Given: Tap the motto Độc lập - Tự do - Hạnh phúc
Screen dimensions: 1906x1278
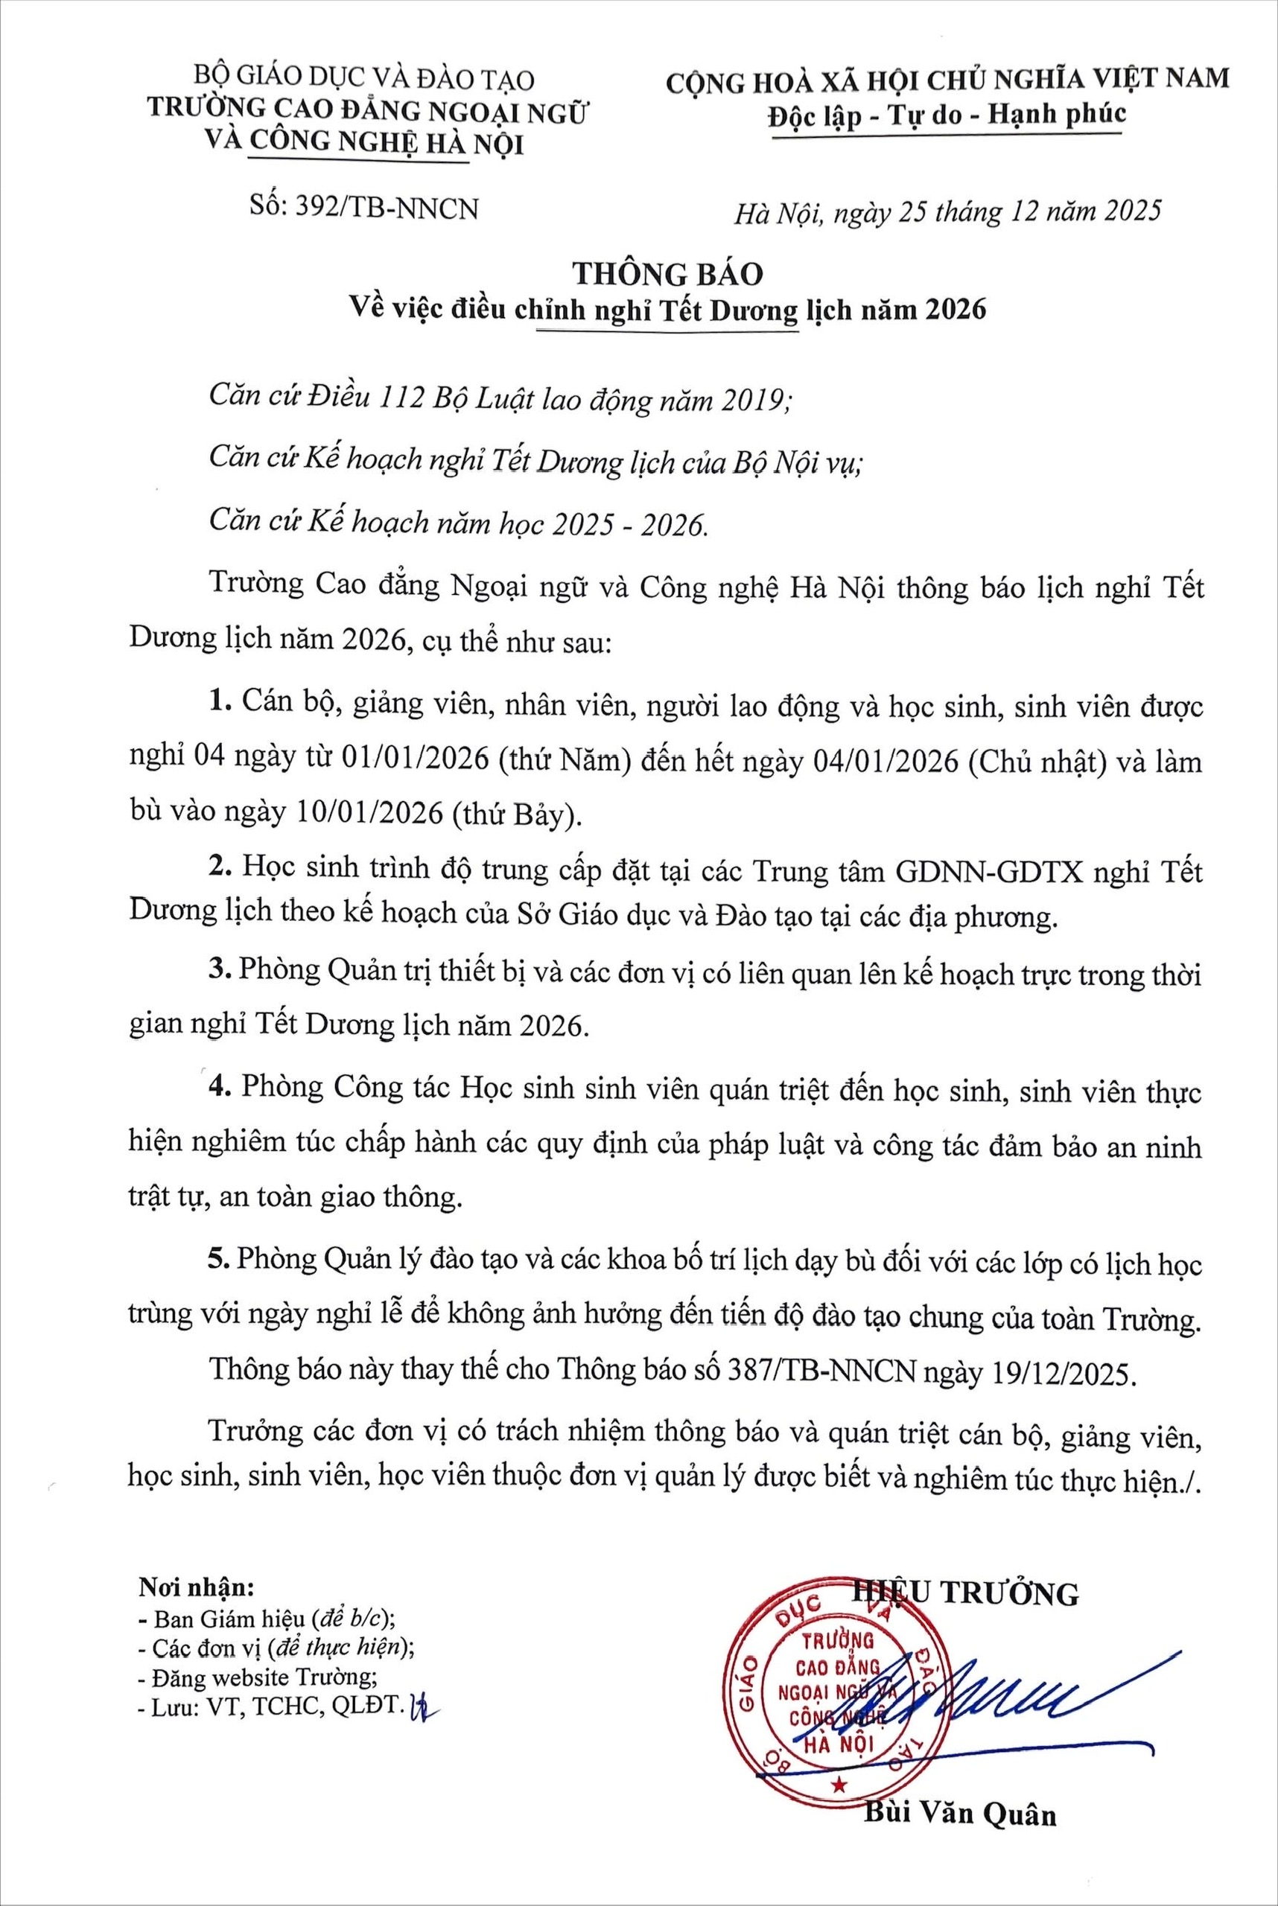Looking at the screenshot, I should pyautogui.click(x=948, y=115).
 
